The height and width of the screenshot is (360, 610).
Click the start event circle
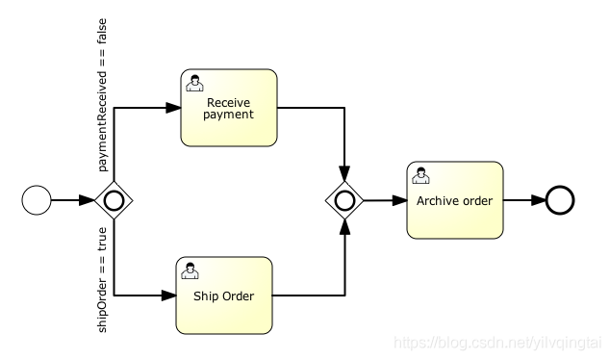(37, 200)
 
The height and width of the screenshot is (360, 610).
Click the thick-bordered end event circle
(560, 200)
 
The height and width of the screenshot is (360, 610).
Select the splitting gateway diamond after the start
(114, 200)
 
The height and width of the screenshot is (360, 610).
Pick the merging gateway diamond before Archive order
(343, 200)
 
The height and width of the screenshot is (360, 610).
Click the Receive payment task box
(229, 107)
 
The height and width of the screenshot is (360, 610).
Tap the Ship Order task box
(223, 296)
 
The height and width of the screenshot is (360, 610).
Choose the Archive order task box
(454, 200)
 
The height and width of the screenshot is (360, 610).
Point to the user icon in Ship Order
(191, 270)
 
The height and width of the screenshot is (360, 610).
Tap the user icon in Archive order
(419, 174)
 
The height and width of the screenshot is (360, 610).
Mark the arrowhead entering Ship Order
(168, 296)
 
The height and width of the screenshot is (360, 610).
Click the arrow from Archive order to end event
(524, 200)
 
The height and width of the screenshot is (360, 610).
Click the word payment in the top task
(229, 114)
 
